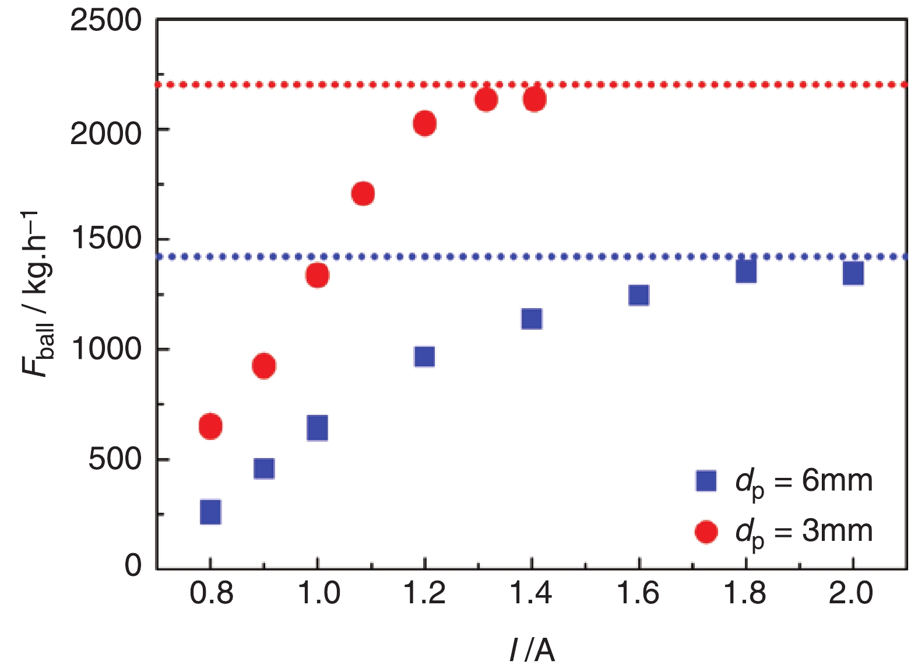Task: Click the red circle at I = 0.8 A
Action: click(210, 426)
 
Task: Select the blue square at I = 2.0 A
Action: click(853, 272)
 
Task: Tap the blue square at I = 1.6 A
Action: click(639, 295)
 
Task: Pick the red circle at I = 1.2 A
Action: click(424, 123)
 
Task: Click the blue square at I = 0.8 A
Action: click(210, 512)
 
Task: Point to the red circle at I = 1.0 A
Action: click(317, 275)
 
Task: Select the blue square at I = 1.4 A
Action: click(532, 319)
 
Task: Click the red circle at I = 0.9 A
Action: click(264, 366)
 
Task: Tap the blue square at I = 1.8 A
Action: click(746, 271)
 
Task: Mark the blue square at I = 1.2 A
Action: click(424, 356)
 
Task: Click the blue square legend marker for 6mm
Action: click(706, 481)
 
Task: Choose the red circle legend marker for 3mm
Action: click(706, 532)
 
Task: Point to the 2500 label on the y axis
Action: click(105, 21)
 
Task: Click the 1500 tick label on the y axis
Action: click(105, 239)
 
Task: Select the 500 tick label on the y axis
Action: click(115, 459)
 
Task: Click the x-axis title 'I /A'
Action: click(532, 649)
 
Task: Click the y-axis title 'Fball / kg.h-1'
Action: click(38, 295)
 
